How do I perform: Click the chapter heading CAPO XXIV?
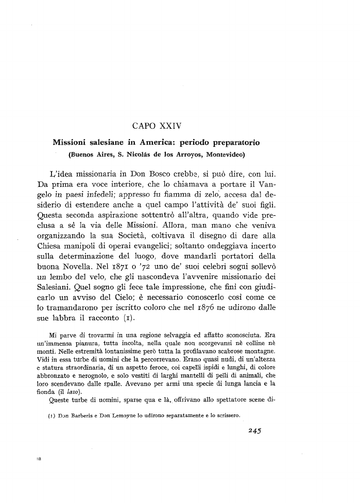click(155, 125)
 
